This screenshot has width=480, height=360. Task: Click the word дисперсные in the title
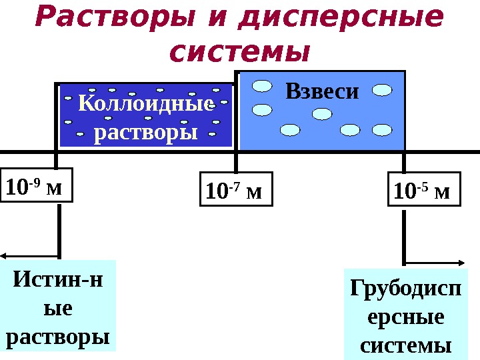340,19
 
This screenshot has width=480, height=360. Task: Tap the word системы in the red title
240,51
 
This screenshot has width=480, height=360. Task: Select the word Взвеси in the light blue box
322,91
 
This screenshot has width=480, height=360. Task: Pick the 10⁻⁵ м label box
423,191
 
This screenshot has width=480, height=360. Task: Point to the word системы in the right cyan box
405,345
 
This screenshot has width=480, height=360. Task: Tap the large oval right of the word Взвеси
382,89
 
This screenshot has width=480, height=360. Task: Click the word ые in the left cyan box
58,308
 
